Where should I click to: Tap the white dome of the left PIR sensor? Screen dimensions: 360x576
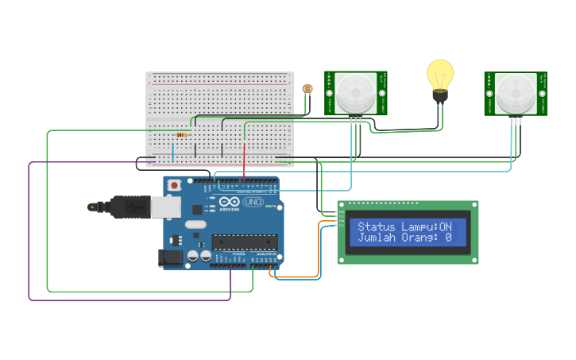(x=354, y=94)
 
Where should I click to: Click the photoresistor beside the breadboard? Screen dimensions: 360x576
(x=307, y=90)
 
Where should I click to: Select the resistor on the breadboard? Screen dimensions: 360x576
(x=183, y=134)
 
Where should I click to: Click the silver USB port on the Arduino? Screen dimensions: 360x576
(x=165, y=207)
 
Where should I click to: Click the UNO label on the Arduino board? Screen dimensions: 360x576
(x=253, y=203)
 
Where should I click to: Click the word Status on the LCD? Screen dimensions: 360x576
(x=375, y=227)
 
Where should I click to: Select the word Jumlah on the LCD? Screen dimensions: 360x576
(x=375, y=238)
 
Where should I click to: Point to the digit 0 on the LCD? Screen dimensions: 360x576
(x=448, y=238)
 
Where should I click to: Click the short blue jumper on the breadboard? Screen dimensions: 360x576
(x=173, y=151)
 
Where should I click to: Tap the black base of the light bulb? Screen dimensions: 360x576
(x=439, y=96)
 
